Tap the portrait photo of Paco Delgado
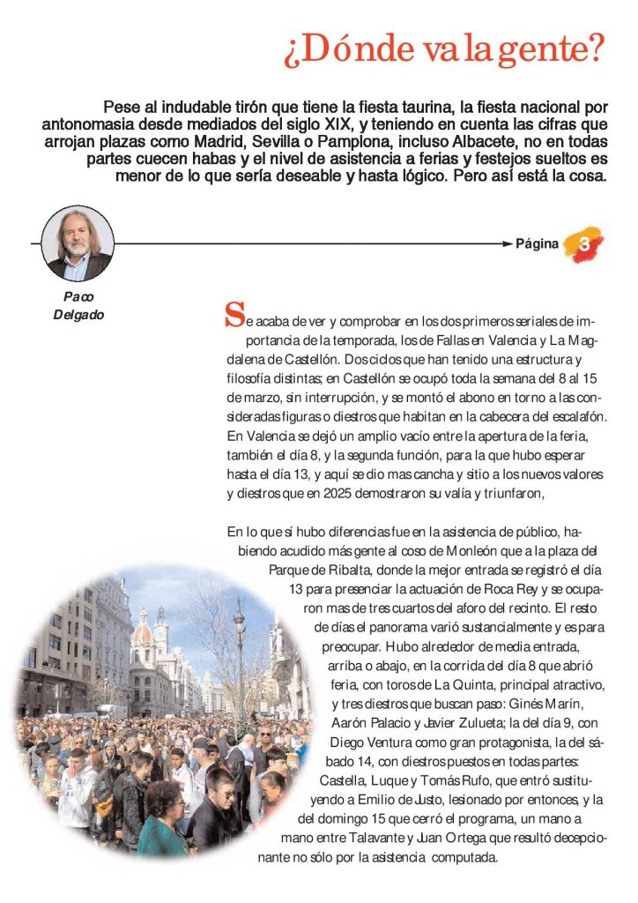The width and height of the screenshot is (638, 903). click(78, 243)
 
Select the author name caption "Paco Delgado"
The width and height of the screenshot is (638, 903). click(78, 305)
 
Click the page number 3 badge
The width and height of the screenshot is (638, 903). click(584, 243)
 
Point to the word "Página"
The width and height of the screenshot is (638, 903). click(538, 244)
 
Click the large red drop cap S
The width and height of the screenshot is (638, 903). click(234, 314)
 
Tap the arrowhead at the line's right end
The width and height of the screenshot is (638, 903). click(506, 243)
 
